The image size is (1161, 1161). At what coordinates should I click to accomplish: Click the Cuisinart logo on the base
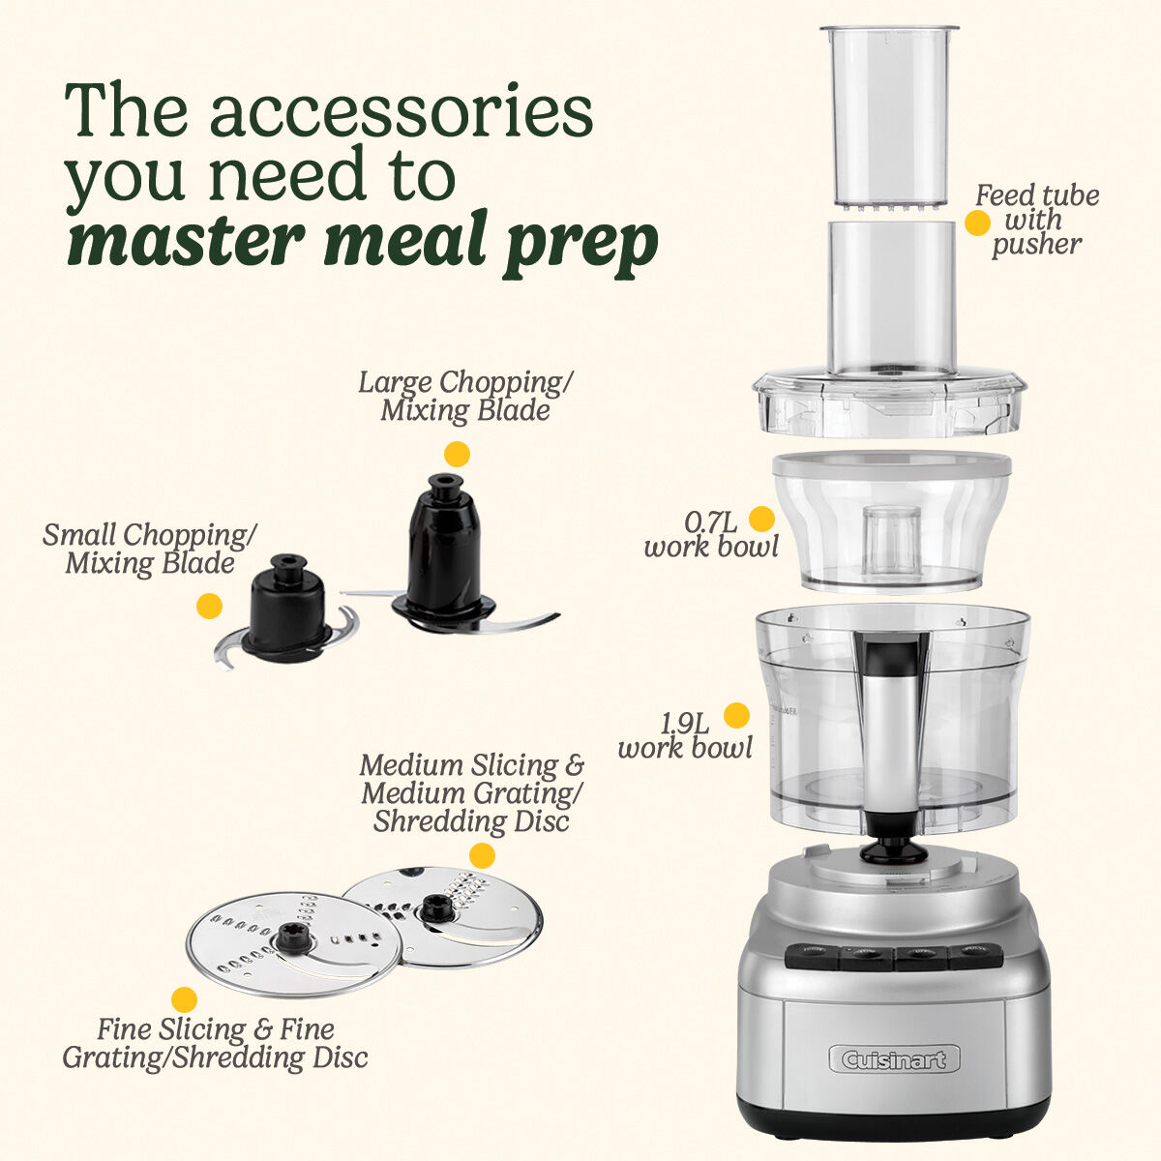tap(894, 1059)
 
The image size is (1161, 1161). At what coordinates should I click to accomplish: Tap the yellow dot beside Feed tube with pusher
tap(977, 223)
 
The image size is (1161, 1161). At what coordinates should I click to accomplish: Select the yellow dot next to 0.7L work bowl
tap(762, 520)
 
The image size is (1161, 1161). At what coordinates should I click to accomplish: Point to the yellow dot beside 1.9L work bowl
tap(737, 715)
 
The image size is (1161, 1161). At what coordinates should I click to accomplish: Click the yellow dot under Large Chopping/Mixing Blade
tap(456, 454)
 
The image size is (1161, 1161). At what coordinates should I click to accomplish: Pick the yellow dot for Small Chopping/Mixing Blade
tap(209, 607)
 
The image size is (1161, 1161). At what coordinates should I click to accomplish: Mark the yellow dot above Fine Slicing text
tap(184, 1000)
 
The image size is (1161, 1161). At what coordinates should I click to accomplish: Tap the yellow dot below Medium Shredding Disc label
tap(482, 855)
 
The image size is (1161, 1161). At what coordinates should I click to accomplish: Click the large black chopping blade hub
tap(443, 551)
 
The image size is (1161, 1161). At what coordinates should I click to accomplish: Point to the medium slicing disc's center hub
tap(431, 909)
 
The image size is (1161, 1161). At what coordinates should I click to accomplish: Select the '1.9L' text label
tap(686, 723)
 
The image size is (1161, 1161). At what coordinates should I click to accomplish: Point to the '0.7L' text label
tap(711, 522)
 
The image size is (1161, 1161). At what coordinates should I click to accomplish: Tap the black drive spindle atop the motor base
tap(893, 850)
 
